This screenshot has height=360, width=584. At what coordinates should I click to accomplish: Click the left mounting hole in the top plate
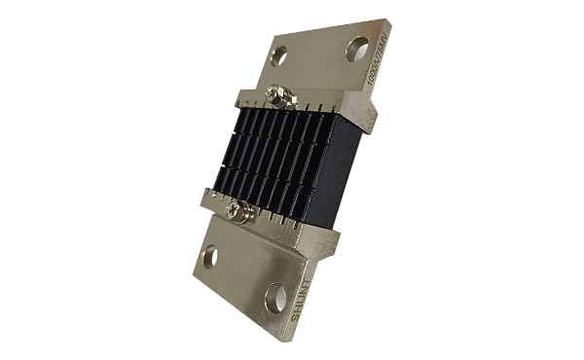pyautogui.click(x=279, y=55)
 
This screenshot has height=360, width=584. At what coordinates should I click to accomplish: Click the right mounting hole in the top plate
pyautogui.click(x=357, y=49)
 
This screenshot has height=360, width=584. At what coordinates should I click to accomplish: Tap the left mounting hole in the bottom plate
pyautogui.click(x=209, y=258)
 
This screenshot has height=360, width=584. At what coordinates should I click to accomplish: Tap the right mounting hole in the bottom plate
pyautogui.click(x=276, y=297)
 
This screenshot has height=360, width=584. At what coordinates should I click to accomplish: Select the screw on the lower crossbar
pyautogui.click(x=236, y=208)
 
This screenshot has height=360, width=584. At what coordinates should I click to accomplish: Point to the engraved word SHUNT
pyautogui.click(x=301, y=301)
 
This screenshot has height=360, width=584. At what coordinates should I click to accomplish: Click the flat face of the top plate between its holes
pyautogui.click(x=317, y=54)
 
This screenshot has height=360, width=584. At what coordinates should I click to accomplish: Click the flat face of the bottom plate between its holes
pyautogui.click(x=243, y=276)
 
